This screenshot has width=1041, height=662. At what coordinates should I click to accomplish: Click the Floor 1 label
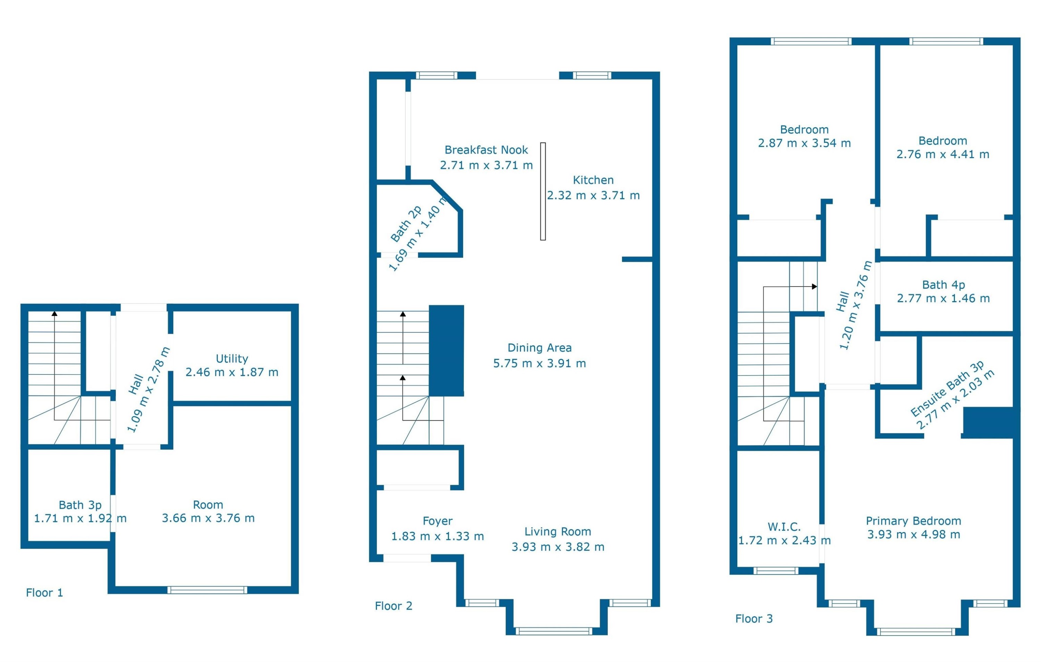click(44, 592)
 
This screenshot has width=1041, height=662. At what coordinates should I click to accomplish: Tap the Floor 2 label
click(393, 606)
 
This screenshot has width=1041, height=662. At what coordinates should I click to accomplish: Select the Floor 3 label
click(754, 618)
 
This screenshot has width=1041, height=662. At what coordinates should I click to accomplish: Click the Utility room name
click(232, 359)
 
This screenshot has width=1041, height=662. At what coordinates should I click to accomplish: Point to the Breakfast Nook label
click(486, 150)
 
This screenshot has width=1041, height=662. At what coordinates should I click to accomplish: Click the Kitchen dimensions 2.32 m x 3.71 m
click(593, 195)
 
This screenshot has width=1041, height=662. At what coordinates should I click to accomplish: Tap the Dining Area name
click(540, 348)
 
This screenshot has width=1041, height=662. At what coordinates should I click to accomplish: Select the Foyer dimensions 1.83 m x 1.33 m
click(438, 536)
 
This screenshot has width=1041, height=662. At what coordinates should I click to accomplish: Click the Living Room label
click(558, 532)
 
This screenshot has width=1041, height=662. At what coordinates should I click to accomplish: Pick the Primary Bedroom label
click(913, 521)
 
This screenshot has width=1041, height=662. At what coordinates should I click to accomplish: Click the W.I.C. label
click(784, 527)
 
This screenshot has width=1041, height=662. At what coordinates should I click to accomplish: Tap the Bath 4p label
click(943, 285)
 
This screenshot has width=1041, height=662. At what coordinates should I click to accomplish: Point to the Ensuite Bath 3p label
click(947, 388)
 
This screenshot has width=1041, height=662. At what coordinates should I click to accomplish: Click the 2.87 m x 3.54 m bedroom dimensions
click(804, 143)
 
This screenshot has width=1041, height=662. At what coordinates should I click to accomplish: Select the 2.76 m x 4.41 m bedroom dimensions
click(942, 154)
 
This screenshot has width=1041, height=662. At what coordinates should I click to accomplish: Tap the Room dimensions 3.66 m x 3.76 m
click(208, 518)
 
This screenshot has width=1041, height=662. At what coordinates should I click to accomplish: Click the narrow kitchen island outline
click(543, 191)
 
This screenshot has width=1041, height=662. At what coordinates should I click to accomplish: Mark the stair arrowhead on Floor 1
click(54, 313)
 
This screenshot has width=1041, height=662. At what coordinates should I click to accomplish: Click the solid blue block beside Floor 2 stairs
click(446, 351)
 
